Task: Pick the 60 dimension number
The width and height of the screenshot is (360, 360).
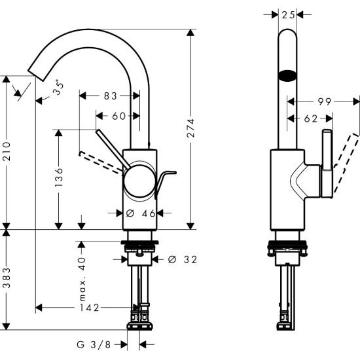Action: (118, 116)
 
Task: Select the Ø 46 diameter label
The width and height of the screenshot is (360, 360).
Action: (139, 213)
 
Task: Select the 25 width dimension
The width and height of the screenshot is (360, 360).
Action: (288, 13)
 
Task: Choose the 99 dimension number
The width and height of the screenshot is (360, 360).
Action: (324, 101)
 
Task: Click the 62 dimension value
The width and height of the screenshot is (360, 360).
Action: (310, 118)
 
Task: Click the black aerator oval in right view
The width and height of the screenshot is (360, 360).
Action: (288, 75)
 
